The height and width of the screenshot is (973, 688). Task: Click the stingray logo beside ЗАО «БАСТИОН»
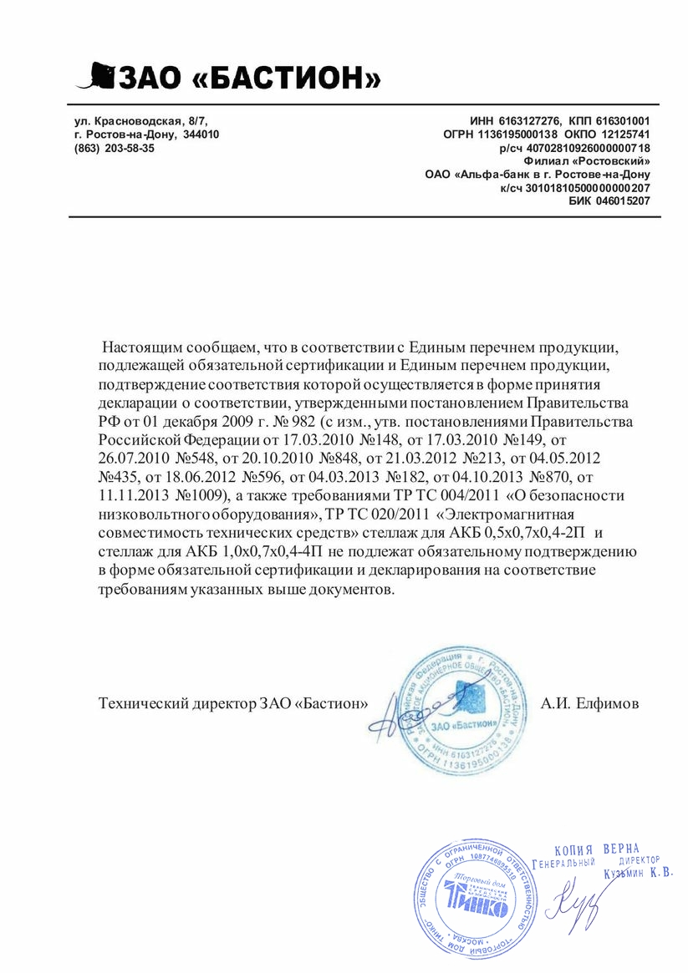pyautogui.click(x=94, y=76)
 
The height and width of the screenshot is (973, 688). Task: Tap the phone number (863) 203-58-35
pyautogui.click(x=115, y=148)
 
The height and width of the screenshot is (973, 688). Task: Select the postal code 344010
pyautogui.click(x=201, y=134)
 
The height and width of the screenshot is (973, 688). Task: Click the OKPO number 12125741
pyautogui.click(x=624, y=134)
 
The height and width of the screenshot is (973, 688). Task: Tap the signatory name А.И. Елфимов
pyautogui.click(x=589, y=703)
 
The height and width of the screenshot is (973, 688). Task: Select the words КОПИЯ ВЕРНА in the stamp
pyautogui.click(x=597, y=849)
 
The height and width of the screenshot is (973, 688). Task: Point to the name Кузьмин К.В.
pyautogui.click(x=637, y=874)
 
